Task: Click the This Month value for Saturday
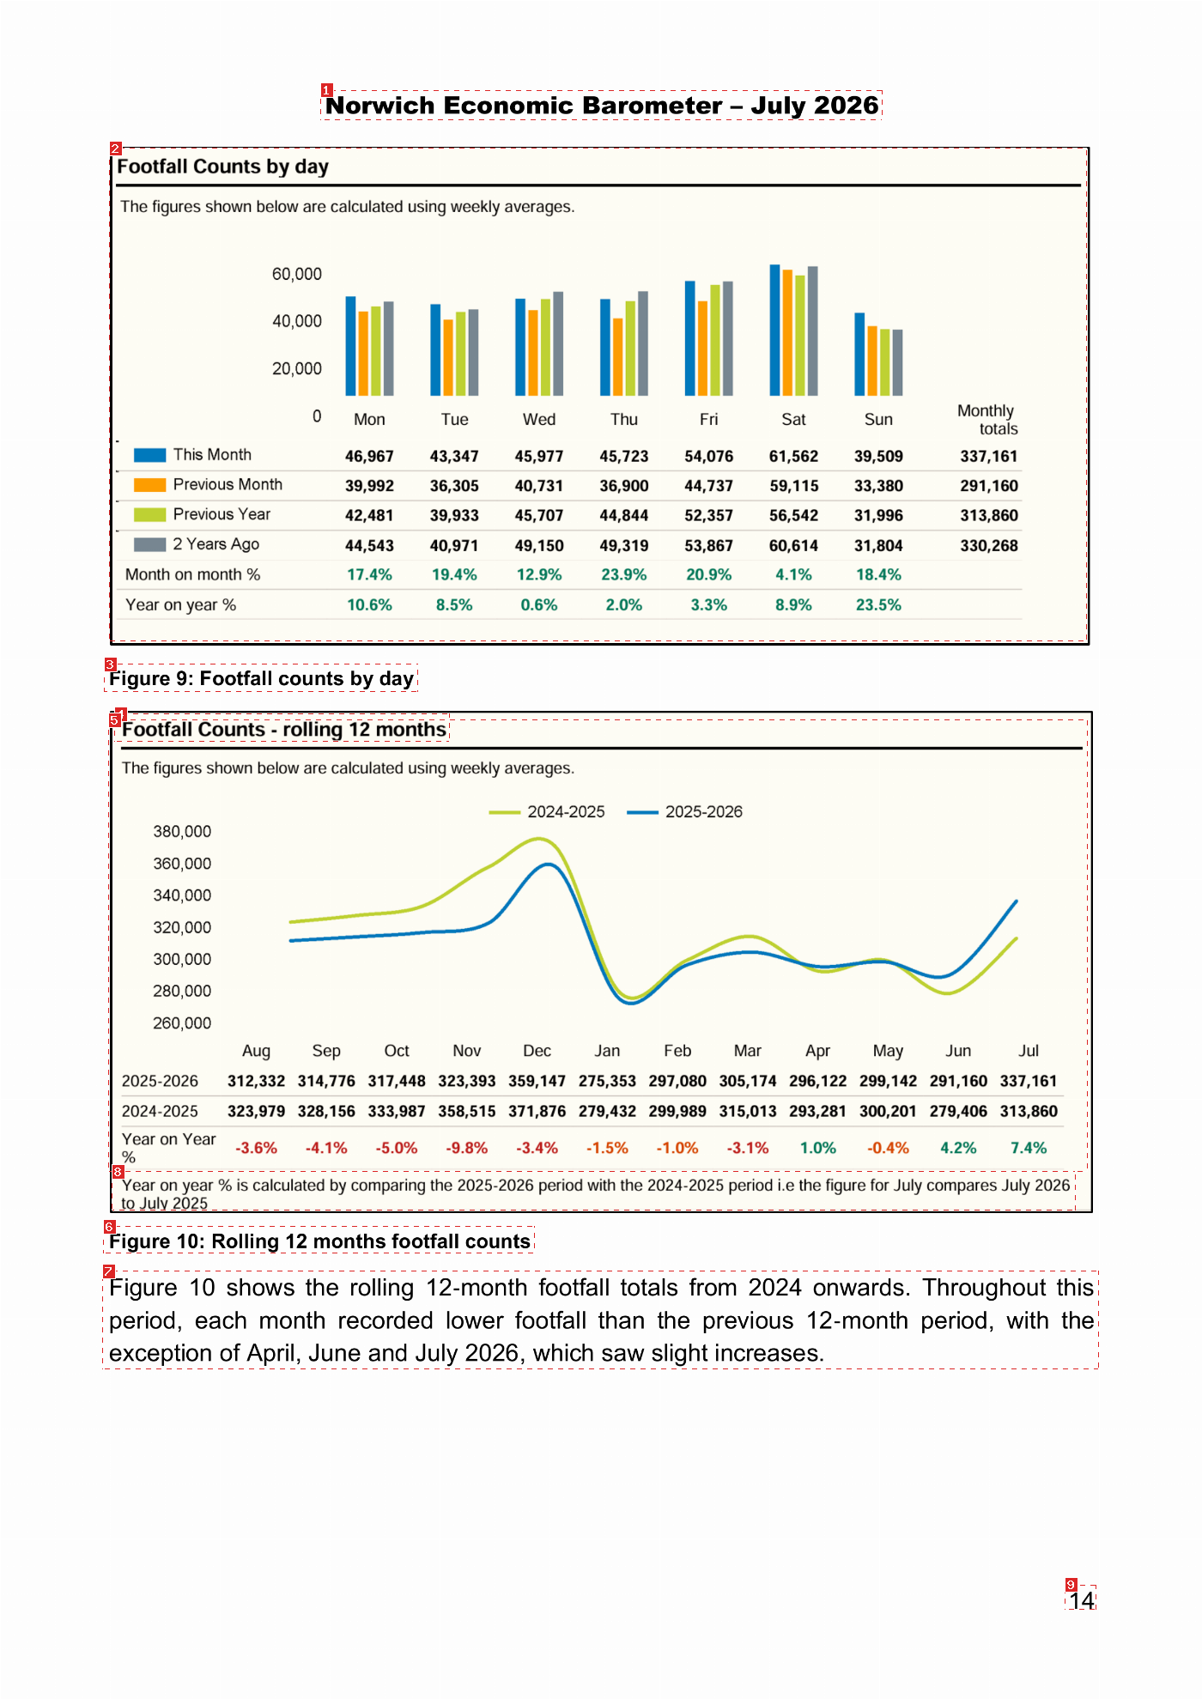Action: coord(793,457)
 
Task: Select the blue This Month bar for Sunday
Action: coord(859,354)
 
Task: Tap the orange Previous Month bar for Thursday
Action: coord(617,357)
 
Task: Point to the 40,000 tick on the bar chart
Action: coord(297,321)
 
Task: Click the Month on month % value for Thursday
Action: coord(624,575)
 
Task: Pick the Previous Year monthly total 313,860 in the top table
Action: coord(989,516)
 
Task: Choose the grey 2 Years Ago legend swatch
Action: coord(149,545)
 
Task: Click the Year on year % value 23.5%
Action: coord(878,605)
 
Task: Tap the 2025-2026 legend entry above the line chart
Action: coord(684,812)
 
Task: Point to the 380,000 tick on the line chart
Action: coord(182,832)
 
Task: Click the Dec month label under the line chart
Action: coord(537,1051)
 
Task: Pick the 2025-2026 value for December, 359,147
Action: coord(537,1082)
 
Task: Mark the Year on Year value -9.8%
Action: coord(467,1149)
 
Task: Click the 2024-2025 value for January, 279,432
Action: coord(607,1112)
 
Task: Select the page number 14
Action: coord(1082,1600)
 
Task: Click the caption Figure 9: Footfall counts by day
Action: coord(262,679)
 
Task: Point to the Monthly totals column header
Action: coord(987,420)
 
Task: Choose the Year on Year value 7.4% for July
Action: coord(1029,1149)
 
